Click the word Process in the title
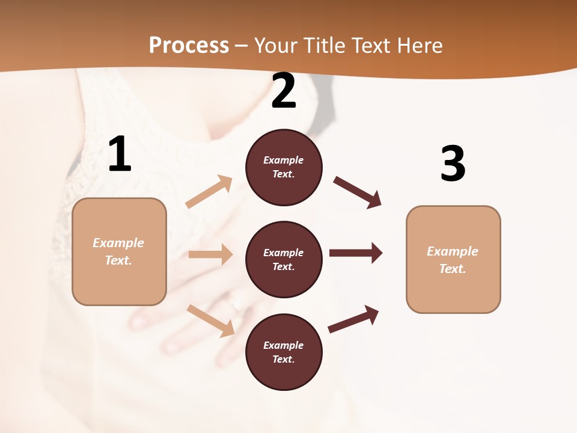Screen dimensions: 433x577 click(189, 45)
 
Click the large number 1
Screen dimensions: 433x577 click(120, 155)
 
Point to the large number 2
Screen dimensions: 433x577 click(284, 91)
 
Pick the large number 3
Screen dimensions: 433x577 click(453, 164)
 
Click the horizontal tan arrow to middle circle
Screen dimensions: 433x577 click(210, 254)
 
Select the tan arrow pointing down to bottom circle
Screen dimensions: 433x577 click(210, 321)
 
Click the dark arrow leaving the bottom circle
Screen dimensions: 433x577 click(353, 319)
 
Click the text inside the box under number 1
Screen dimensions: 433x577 click(118, 251)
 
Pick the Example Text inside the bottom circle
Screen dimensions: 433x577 click(284, 352)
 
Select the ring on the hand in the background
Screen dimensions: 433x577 click(235, 306)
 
